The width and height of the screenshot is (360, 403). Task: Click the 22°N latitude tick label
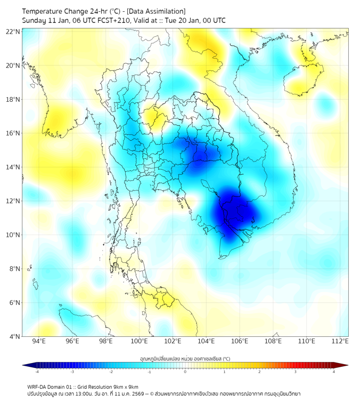13,31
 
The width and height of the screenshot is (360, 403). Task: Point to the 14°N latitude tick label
13,167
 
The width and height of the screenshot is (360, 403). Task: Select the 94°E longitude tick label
38,342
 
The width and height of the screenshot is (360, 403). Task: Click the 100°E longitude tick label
139,342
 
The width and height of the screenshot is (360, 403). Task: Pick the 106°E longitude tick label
240,342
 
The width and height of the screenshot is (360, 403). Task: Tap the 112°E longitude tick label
340,342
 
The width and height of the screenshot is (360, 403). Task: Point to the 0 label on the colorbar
185,372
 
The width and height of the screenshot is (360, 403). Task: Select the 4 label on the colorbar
333,372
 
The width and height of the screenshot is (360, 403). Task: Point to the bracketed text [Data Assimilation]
157,11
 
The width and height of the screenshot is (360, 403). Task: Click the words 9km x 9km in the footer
125,386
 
